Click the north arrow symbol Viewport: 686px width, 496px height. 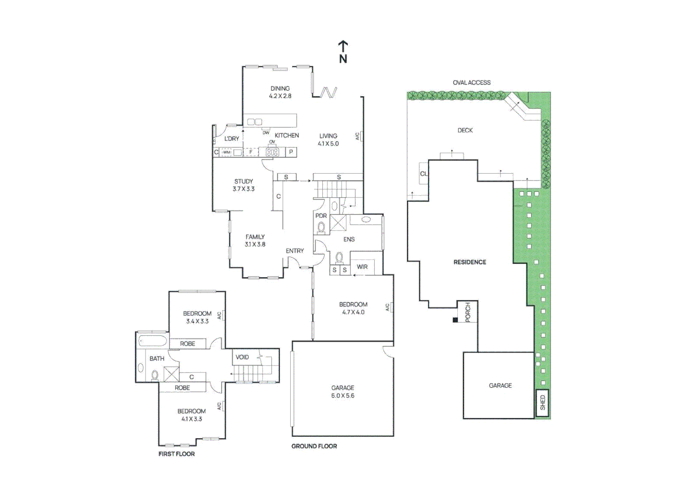point(343,51)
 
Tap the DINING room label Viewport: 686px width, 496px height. point(280,92)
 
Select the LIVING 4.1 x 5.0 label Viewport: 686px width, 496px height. point(328,140)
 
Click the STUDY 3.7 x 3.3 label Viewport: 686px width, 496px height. point(243,185)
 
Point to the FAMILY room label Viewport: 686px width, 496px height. point(255,241)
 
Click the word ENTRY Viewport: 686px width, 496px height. point(295,251)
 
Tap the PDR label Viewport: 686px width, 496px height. point(321,216)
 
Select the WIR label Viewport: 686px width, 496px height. point(362,267)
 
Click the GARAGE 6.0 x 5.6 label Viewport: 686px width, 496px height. point(343,392)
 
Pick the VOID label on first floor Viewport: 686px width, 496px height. point(242,357)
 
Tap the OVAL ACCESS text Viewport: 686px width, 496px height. point(472,83)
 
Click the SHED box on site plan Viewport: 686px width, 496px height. point(542,403)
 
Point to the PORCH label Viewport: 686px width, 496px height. point(468,312)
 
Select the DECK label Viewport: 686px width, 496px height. point(465,130)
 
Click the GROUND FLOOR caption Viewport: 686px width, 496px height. point(314,446)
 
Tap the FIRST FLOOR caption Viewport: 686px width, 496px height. point(177,454)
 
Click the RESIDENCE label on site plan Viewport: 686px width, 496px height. point(470,262)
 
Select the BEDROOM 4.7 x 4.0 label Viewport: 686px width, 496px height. point(353,308)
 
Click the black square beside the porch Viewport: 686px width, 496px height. point(455,320)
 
